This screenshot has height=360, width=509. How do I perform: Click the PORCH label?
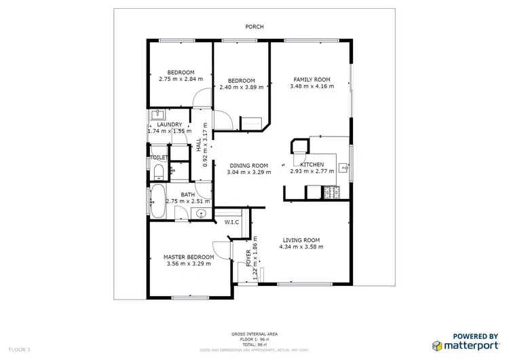[x=254, y=27]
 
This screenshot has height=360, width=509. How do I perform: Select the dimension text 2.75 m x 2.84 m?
[x=181, y=79]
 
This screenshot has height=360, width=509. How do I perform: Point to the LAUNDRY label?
[x=169, y=124]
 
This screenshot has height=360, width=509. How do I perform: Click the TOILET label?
[x=158, y=158]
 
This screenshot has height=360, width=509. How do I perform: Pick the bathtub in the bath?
[x=157, y=200]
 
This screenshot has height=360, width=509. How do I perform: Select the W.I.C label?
[x=231, y=222]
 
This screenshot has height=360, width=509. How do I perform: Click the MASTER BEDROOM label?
[x=189, y=257]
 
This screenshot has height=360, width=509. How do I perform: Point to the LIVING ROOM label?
[x=299, y=240]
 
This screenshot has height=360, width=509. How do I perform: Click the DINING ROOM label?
[x=248, y=165]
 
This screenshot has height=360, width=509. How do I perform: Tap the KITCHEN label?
[x=312, y=164]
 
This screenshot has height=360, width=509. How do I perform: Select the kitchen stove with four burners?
[x=333, y=194]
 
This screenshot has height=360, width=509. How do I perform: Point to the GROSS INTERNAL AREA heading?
[x=254, y=334]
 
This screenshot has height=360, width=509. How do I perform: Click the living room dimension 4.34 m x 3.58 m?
[x=299, y=247]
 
